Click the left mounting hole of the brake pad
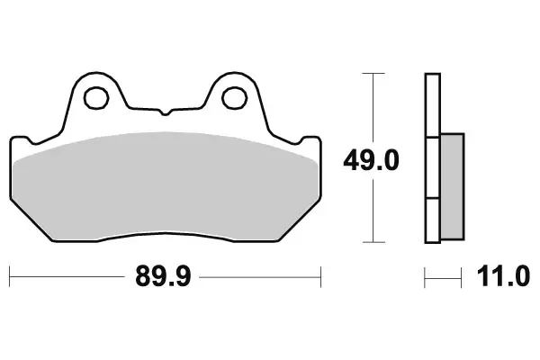(x=95, y=93)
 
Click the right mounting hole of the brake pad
(x=235, y=93)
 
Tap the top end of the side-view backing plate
(x=432, y=75)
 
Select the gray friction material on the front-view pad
(x=166, y=184)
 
